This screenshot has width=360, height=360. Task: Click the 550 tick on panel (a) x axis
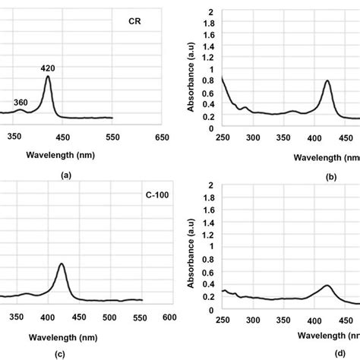[x=112, y=137]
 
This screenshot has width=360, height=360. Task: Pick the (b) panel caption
[x=288, y=178]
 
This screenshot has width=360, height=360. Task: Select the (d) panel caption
[x=288, y=353]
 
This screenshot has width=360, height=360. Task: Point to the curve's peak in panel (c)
[x=61, y=264]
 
